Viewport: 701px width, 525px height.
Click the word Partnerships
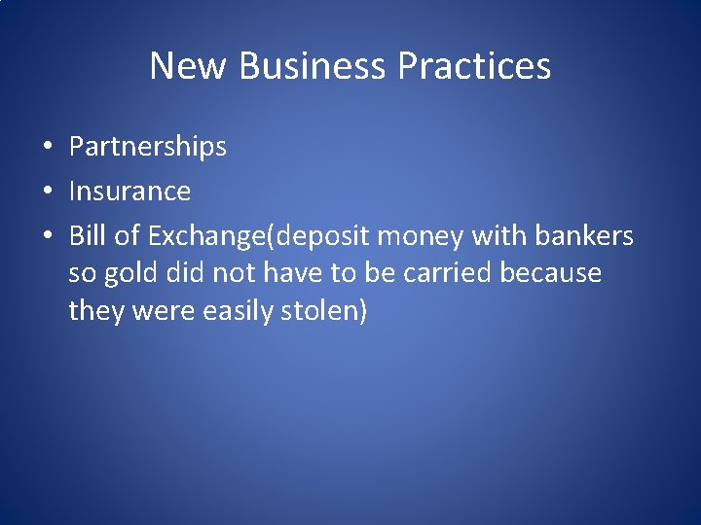coord(148,147)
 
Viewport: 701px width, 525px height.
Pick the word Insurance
coord(129,191)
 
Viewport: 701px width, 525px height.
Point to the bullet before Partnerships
coord(47,148)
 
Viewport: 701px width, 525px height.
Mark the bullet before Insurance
coord(47,192)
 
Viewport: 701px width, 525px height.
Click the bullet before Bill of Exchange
coord(47,236)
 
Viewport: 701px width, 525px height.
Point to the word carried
coord(447,273)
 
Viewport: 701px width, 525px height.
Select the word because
coord(551,273)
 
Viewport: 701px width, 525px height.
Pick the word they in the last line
coord(92,312)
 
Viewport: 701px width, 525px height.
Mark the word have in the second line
coord(293,273)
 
